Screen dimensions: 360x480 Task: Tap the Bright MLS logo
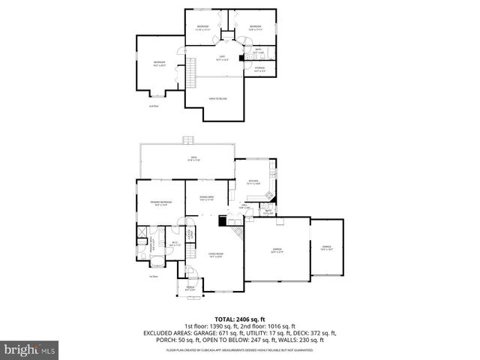coord(29,349)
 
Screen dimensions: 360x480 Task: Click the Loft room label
coord(222,58)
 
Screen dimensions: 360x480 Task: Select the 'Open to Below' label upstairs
coord(218,98)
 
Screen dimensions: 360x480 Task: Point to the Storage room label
coord(259,68)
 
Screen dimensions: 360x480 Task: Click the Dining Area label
coord(206,199)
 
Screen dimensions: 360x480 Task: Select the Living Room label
coord(216,254)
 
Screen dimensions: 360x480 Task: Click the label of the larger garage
coord(277,252)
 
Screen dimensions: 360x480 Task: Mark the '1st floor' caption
coord(154,277)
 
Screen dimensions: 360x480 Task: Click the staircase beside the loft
coord(192,72)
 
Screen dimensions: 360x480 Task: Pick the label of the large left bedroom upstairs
coord(159,62)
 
